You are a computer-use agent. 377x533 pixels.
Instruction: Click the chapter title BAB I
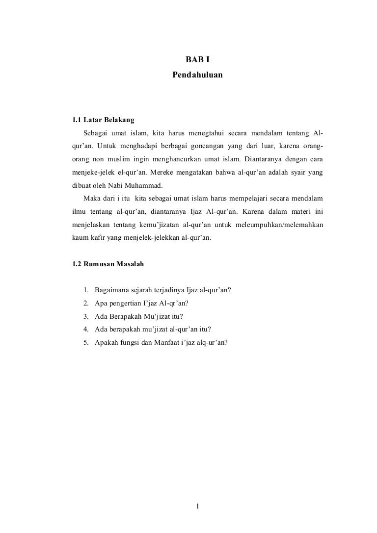[198, 60]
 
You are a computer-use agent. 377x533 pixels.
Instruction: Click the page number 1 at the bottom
[197, 507]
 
